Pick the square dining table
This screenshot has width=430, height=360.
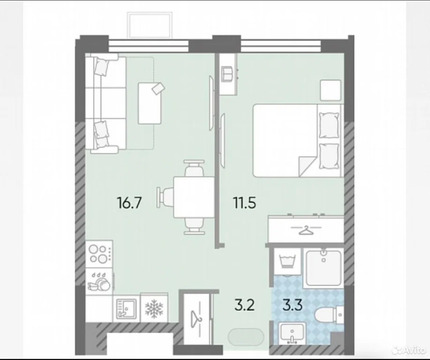coord(187,192)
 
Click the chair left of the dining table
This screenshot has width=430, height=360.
coord(165,192)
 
